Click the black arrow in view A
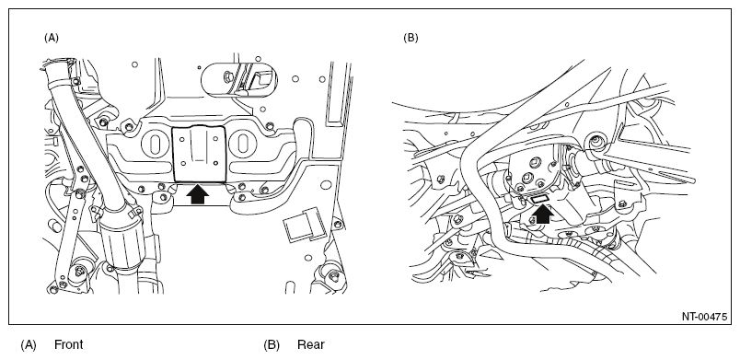coord(198,193)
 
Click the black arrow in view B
coord(543,215)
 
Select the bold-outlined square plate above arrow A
coord(198,154)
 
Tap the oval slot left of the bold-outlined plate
coord(154,144)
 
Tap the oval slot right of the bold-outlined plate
coord(244,144)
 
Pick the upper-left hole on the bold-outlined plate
coord(182,139)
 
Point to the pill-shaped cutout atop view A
coord(239,79)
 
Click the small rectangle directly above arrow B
coord(540,199)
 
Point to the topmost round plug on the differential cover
coord(534,162)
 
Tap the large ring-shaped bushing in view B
coord(595,142)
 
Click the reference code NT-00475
coord(704,316)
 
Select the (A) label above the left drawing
coord(52,38)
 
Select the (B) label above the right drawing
coord(410,38)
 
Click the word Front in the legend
coord(68,344)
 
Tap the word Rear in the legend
coord(311,344)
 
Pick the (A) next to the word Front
coord(29,345)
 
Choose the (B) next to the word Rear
coord(272,345)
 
